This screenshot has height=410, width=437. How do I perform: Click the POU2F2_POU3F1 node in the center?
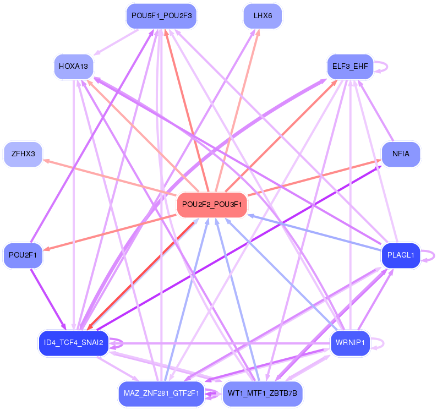tap(212, 204)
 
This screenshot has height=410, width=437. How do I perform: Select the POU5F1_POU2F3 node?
tap(161, 15)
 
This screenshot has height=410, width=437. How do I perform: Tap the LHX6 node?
tap(263, 15)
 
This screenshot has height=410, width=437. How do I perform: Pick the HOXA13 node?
tap(73, 67)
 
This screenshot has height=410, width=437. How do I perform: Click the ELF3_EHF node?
tap(350, 67)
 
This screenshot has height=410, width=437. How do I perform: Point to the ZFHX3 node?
tap(23, 154)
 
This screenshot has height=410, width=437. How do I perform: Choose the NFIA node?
tap(401, 154)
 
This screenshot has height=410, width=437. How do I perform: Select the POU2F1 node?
tap(23, 255)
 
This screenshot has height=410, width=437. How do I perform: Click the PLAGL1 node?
tap(401, 255)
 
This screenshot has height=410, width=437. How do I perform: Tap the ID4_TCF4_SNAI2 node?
tap(73, 343)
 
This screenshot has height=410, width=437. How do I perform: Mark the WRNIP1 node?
tap(350, 343)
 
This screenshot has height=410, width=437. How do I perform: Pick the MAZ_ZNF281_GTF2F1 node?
tap(161, 394)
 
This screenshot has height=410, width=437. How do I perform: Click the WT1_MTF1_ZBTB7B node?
tap(263, 394)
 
